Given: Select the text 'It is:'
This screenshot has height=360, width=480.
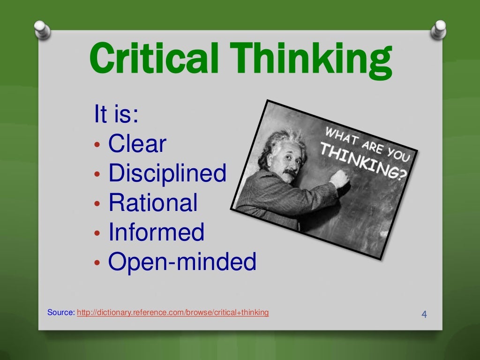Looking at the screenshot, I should (x=116, y=115).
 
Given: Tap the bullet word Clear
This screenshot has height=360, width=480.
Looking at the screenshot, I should (x=137, y=144).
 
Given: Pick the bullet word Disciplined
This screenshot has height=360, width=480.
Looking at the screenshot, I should (x=167, y=173).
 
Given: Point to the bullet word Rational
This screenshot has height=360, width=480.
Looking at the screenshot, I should (x=153, y=203).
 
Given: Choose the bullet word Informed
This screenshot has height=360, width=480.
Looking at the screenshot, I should (x=157, y=232).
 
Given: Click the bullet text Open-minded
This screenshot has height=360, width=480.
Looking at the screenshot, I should (x=182, y=262).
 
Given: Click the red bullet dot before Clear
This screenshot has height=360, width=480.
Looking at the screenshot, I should (x=97, y=145).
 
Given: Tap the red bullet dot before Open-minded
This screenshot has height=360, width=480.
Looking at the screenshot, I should (x=97, y=263).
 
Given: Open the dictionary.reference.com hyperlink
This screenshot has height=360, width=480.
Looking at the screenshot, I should (x=173, y=313).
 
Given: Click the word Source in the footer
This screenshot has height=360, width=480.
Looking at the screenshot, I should (x=60, y=313).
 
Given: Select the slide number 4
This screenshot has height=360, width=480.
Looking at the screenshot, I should (x=424, y=314).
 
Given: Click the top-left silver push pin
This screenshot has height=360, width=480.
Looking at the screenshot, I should (x=42, y=30).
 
